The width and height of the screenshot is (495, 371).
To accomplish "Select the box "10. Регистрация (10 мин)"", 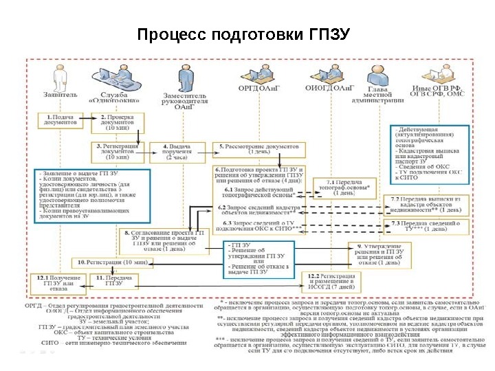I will (110, 262).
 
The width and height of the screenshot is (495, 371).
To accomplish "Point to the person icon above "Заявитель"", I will (54, 74).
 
